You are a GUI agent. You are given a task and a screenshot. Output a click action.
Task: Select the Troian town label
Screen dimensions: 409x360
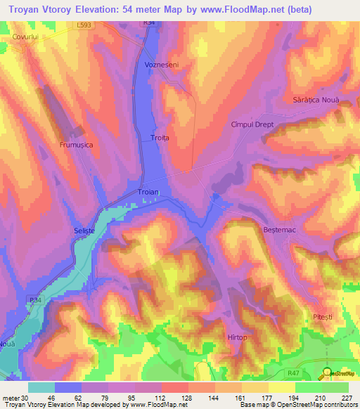tap(148, 192)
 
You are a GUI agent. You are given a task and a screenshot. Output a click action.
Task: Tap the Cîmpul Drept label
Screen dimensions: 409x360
tap(252, 124)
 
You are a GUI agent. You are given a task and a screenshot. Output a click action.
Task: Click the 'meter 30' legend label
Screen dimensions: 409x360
tap(13, 398)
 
